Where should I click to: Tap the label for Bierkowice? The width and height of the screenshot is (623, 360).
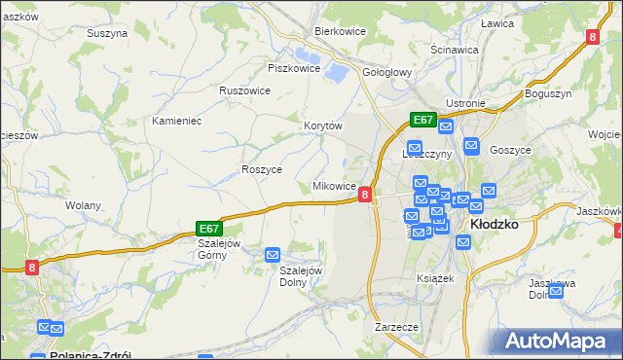(339, 31)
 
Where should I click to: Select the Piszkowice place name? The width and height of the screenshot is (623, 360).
(294, 68)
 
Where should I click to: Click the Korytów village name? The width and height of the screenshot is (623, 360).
(323, 126)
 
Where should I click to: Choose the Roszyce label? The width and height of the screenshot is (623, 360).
(262, 169)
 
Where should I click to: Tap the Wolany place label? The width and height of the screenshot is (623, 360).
(84, 205)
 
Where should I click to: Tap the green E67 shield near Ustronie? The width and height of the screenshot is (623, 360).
(421, 120)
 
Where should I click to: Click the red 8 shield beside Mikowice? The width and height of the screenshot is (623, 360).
(364, 195)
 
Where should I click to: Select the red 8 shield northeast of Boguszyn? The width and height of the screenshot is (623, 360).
(592, 37)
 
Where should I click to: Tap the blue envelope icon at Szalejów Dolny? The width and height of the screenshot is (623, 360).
(274, 255)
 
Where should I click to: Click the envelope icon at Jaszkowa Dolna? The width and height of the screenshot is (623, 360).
(556, 289)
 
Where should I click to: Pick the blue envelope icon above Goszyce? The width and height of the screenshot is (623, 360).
(472, 146)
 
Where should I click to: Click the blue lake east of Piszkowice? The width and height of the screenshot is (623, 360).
(337, 71)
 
